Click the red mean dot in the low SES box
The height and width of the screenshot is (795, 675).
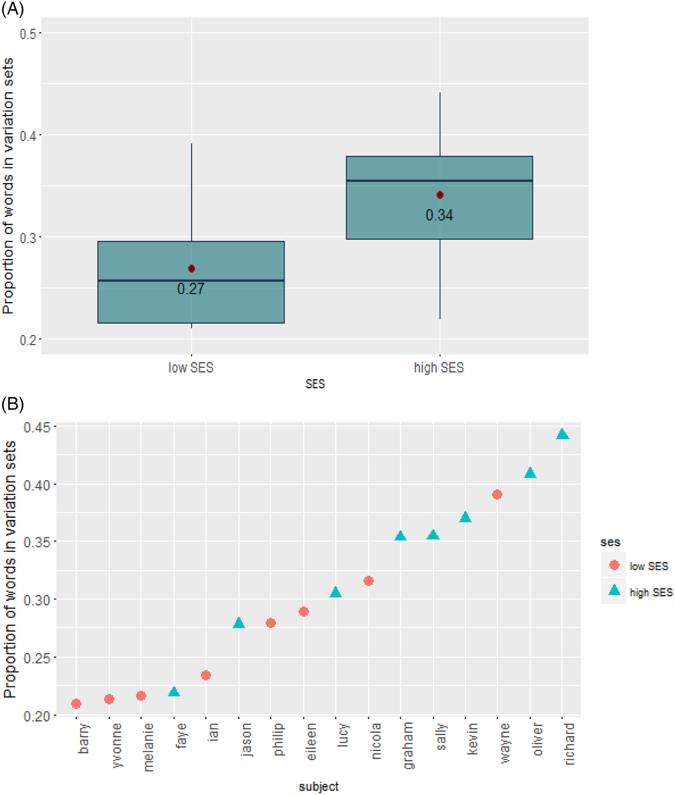click(191, 269)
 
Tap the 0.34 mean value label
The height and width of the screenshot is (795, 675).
click(439, 215)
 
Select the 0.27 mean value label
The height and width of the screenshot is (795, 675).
click(191, 289)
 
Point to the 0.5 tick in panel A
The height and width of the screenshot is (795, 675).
click(27, 34)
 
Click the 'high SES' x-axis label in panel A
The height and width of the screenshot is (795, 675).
click(439, 368)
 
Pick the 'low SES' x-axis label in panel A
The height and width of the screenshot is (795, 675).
click(191, 368)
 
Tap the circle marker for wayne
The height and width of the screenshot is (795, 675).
click(497, 494)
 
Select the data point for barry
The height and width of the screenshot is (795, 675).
click(76, 704)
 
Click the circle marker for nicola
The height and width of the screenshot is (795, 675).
click(368, 581)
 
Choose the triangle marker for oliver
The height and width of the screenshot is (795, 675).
click(530, 473)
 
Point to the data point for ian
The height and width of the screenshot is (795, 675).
click(206, 675)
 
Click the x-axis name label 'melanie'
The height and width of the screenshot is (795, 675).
click(148, 747)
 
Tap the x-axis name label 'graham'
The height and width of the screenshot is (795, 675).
click(408, 745)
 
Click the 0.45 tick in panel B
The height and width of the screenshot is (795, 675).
click(38, 427)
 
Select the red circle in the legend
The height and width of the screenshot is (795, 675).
click(614, 565)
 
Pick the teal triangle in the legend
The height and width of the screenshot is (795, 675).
click(614, 590)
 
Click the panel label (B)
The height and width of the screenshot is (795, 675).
click(13, 403)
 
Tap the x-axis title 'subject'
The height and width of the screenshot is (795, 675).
click(319, 786)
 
